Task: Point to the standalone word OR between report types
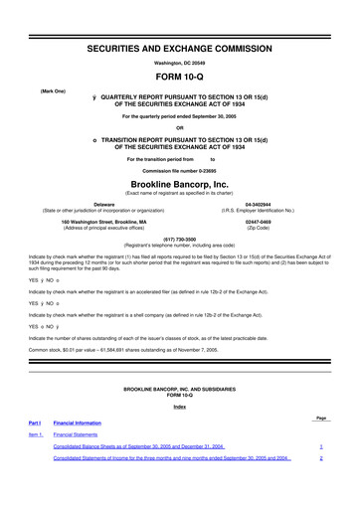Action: point(180,127)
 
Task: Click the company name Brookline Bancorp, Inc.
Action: point(180,185)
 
